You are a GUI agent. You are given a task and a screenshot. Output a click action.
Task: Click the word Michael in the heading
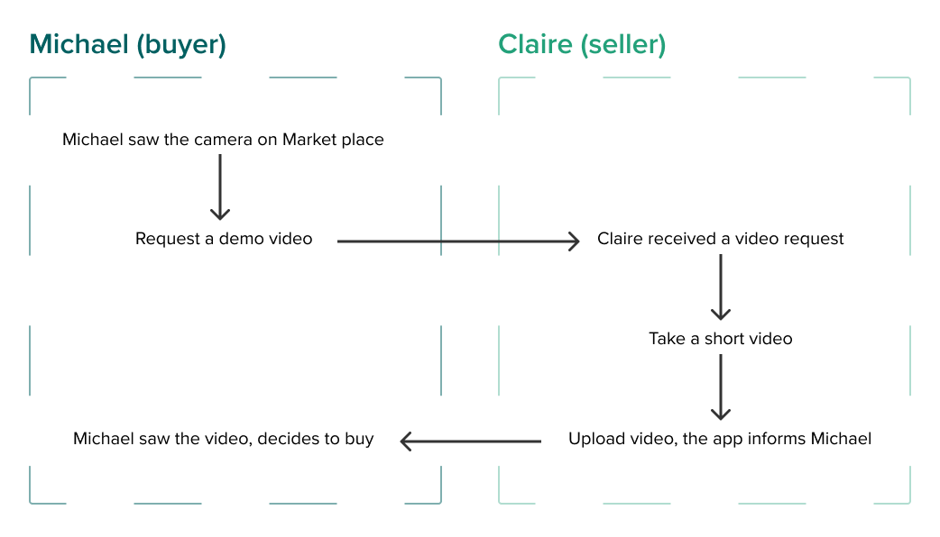78,45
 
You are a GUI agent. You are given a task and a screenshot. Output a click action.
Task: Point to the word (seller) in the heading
623,46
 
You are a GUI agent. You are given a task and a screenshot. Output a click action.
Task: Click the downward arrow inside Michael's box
220,187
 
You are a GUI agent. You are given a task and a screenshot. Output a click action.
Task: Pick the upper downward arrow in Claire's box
719,287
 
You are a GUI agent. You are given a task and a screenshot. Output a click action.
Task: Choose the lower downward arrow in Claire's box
719,387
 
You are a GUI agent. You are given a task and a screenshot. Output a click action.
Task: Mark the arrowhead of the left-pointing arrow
406,441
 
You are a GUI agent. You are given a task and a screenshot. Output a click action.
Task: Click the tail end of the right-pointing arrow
339,241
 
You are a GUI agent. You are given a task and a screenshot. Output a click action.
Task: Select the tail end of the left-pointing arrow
539,441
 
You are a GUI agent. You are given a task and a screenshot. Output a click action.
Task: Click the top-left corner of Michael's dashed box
31,78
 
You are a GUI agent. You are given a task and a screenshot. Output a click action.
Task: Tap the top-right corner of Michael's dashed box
440,78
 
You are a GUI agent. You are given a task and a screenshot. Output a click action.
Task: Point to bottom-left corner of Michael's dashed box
31,502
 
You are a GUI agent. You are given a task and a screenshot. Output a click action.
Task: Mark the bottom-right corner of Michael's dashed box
440,502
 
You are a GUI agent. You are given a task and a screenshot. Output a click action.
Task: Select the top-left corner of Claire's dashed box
499,78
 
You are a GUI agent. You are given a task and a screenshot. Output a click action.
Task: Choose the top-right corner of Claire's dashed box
908,78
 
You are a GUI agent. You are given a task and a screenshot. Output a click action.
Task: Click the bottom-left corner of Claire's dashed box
499,502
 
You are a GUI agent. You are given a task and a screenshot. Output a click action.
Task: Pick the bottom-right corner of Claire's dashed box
908,502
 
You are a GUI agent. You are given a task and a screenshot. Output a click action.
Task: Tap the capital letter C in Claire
508,45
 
